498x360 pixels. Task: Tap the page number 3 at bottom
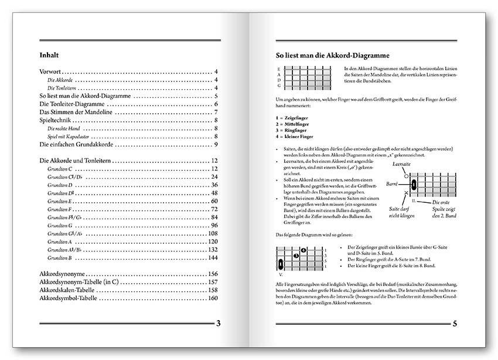click(218, 324)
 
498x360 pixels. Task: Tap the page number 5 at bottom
click(454, 324)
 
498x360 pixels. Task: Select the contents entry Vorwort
click(51, 72)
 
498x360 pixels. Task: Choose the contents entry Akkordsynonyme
click(63, 274)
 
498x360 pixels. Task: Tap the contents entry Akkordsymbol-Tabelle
click(73, 298)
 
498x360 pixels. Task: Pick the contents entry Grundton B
click(60, 257)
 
